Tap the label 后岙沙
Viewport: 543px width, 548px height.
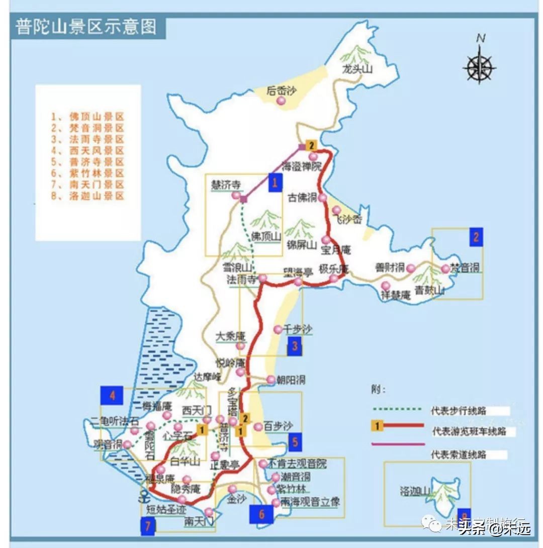coord(282,90)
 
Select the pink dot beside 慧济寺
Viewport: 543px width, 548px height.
coord(236,196)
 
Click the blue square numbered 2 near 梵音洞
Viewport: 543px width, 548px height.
coord(476,237)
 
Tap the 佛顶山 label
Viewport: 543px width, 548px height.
coord(266,237)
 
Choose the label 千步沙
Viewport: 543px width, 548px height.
coord(298,329)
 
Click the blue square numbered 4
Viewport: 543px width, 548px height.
coord(112,395)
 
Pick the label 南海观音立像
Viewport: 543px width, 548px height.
coord(310,501)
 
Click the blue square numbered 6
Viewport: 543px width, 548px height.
coord(261,514)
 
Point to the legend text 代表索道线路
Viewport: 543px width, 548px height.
coord(458,454)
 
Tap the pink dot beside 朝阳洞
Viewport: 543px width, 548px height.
coord(271,380)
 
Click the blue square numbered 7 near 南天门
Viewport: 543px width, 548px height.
coord(147,526)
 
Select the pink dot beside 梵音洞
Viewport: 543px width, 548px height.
coord(445,269)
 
